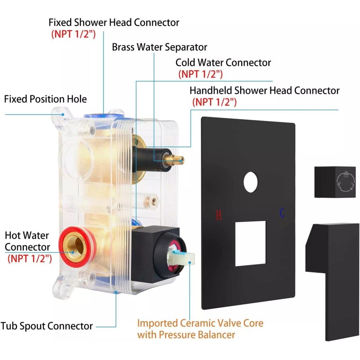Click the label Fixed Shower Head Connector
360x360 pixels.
click(x=114, y=22)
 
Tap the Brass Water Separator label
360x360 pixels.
click(x=159, y=47)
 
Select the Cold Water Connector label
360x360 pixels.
click(x=223, y=63)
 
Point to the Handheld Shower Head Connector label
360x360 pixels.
click(x=264, y=90)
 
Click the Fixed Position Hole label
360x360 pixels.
click(x=45, y=99)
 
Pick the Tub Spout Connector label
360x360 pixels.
click(x=46, y=326)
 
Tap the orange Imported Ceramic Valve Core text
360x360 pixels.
click(x=200, y=323)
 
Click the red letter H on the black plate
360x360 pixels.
click(x=219, y=215)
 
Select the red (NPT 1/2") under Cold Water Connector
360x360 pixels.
click(x=200, y=74)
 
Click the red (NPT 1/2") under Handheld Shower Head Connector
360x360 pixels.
click(x=214, y=102)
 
